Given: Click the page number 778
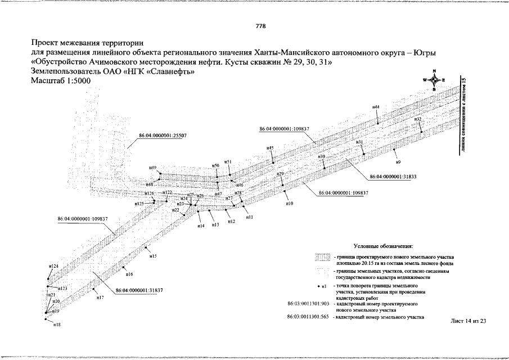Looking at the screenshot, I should tap(260, 26).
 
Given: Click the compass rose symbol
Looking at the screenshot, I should tap(434, 80).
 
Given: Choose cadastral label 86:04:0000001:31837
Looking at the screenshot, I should tap(139, 290).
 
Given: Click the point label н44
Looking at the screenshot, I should tap(376, 107).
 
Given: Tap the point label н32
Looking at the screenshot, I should tap(417, 120).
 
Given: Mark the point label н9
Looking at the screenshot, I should tap(398, 162).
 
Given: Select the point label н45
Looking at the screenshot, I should tap(270, 148).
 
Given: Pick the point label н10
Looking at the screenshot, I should tap(289, 203).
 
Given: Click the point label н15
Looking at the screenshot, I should tap(152, 256).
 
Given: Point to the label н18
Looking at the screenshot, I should tap(56, 325).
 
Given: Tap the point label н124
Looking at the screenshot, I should tap(53, 266).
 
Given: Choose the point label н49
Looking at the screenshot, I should tap(152, 168).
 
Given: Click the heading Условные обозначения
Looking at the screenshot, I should tap(384, 246).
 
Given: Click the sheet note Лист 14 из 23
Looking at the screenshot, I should tap(468, 321).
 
